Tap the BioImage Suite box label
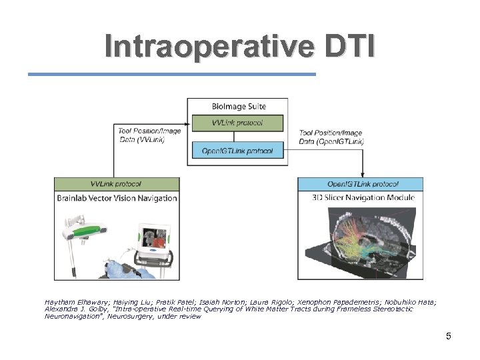[238, 106]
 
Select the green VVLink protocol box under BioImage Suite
[238, 123]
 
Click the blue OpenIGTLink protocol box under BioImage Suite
[238, 151]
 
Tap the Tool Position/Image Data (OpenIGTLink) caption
[331, 137]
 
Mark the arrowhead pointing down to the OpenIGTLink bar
[362, 175]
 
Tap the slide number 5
[448, 336]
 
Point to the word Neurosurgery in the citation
[134, 317]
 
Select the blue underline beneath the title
[171, 74]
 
